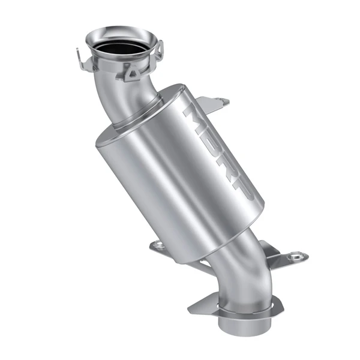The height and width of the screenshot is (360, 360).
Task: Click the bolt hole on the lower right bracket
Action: [x=296, y=256]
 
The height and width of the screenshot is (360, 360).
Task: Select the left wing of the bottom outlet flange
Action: [x=201, y=307]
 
